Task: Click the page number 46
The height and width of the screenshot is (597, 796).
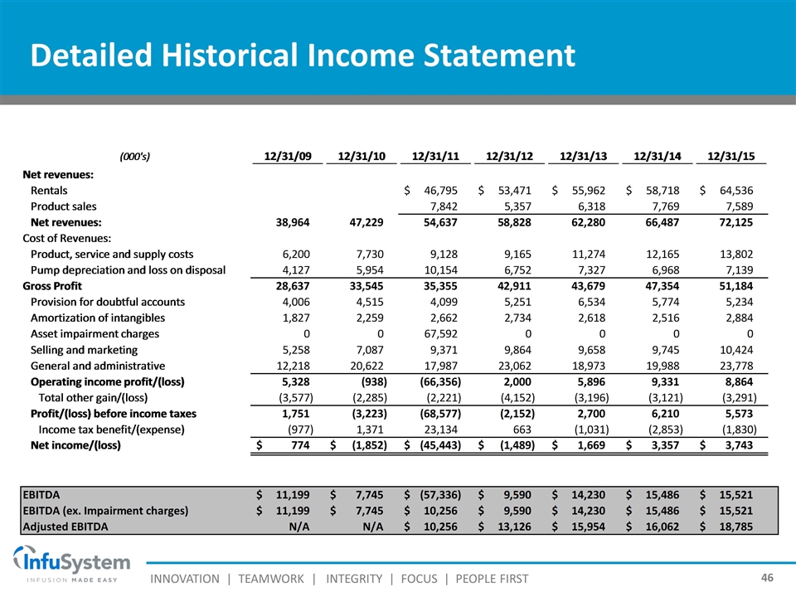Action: tap(769, 575)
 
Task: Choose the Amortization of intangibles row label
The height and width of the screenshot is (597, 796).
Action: tap(97, 318)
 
